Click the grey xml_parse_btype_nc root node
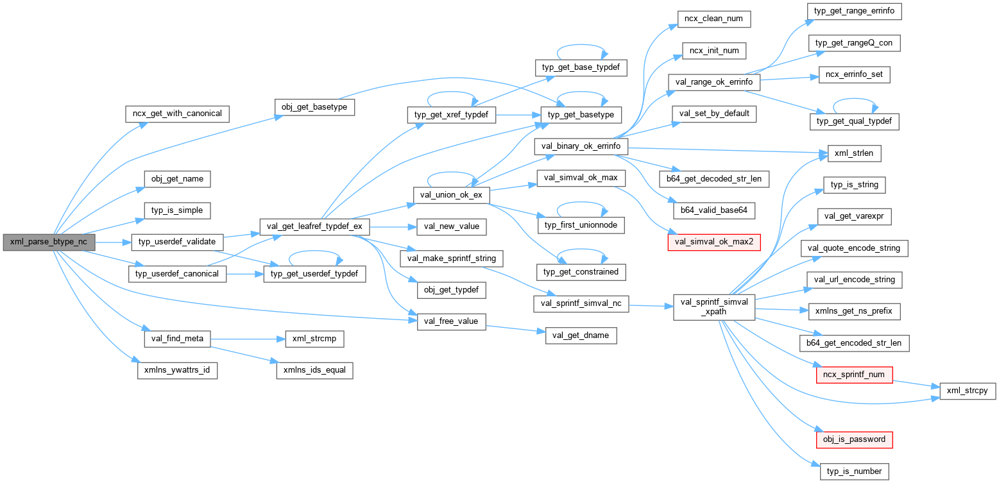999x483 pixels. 49,242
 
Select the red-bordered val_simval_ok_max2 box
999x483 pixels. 712,242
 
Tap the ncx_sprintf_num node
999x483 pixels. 853,374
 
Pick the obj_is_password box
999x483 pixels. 853,439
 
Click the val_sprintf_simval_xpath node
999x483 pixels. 713,307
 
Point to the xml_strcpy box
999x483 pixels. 967,391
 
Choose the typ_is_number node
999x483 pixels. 853,471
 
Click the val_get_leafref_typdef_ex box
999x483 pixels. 314,226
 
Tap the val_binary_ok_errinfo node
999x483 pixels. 581,146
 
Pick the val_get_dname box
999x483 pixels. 581,335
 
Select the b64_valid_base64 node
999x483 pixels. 712,210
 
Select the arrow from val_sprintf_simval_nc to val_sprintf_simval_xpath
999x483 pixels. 651,306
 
